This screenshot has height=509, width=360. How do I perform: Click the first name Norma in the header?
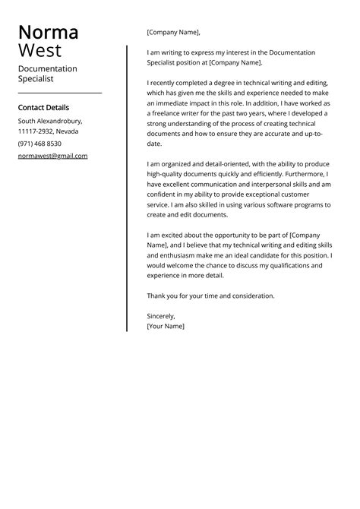pos(48,33)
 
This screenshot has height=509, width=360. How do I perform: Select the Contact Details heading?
pos(43,108)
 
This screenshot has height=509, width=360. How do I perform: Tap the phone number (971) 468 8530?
pos(39,144)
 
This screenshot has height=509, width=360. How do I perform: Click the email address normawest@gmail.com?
pos(52,156)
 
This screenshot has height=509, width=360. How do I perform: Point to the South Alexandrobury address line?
pos(50,121)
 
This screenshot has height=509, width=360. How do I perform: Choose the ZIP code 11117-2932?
pos(35,131)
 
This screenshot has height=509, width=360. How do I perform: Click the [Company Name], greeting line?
pos(174,33)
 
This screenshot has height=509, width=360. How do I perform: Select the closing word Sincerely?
pos(160,316)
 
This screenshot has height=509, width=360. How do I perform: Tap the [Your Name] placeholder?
pos(166,326)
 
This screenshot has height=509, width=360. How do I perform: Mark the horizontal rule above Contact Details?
pos(59,93)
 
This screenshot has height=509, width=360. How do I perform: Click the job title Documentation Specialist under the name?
pos(47,73)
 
